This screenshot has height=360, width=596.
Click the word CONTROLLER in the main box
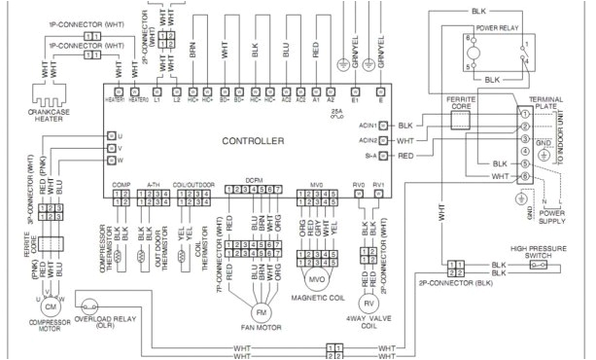coord(253,141)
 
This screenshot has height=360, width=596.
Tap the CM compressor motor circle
coord(52,306)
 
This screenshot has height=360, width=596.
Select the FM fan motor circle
coord(261,312)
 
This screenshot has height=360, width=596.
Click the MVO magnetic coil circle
coord(316,278)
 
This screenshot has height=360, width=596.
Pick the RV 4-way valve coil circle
coord(368,303)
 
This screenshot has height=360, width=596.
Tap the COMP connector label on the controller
coord(121,184)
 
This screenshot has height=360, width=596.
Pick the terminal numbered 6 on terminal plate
coord(524,176)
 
